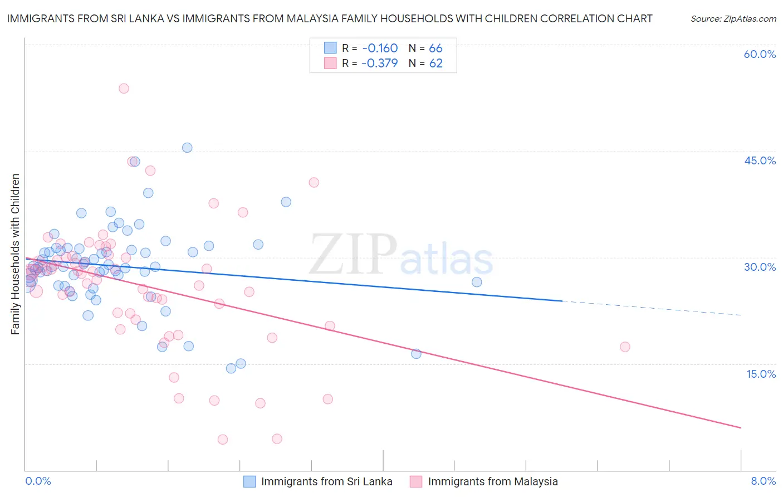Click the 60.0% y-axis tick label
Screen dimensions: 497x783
tap(760, 54)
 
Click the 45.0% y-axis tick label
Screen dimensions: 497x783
tap(760, 160)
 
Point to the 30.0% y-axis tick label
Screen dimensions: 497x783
tap(760, 267)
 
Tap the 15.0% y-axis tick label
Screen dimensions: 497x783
tap(761, 374)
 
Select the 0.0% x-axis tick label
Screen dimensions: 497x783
tap(38, 481)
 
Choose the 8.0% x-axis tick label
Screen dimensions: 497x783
tap(763, 481)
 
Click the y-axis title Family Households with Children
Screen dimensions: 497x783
tap(15, 254)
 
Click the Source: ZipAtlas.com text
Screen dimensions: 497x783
tap(733, 19)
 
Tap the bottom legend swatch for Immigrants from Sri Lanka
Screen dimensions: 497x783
tap(249, 481)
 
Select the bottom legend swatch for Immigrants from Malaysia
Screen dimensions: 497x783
tap(416, 481)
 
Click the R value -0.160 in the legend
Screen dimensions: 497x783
tap(379, 48)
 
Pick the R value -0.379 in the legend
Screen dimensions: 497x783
tap(379, 63)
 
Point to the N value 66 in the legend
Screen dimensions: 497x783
tap(435, 48)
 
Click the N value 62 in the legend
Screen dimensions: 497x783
tap(435, 63)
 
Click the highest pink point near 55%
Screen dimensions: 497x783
tap(124, 89)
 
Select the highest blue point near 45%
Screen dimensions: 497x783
tap(187, 148)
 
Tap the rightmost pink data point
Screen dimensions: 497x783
tap(625, 347)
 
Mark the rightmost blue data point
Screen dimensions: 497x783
tap(477, 282)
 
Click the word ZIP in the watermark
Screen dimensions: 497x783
tap(353, 254)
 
